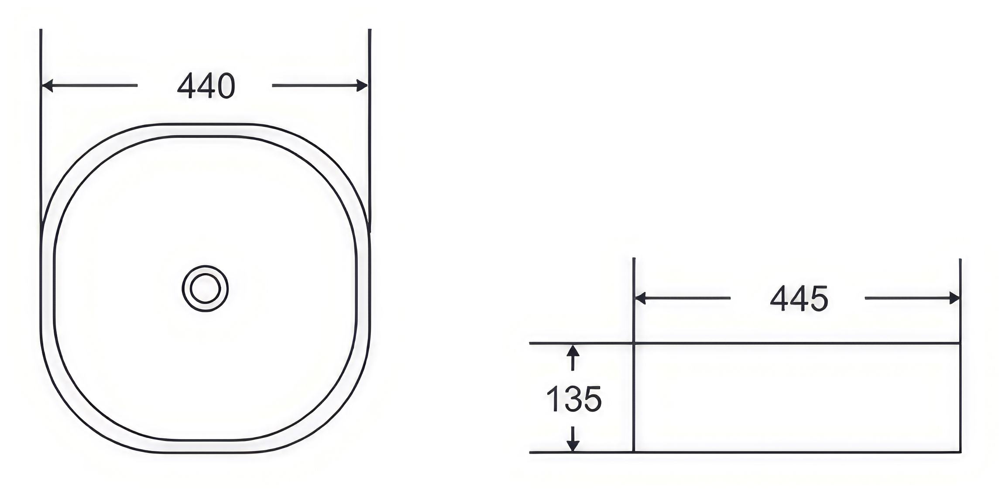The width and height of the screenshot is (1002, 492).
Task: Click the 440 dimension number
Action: [206, 86]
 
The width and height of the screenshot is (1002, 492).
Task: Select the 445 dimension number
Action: [799, 299]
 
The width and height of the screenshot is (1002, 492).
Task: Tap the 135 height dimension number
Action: [574, 399]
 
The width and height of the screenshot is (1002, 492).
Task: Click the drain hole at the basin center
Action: [205, 288]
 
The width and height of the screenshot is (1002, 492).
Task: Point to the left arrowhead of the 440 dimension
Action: [47, 85]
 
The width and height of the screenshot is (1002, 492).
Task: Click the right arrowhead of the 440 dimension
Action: [362, 85]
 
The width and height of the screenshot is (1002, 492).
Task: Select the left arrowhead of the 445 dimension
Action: [640, 298]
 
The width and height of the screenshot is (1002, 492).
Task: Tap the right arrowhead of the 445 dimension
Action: [954, 298]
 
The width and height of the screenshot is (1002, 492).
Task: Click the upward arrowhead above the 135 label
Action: [573, 351]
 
